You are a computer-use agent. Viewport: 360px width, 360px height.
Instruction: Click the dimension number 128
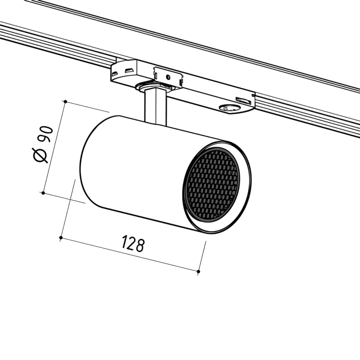pos(133,243)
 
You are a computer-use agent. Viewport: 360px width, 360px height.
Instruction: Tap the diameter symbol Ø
pos(40,155)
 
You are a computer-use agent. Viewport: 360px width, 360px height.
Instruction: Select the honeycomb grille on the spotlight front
pos(213,185)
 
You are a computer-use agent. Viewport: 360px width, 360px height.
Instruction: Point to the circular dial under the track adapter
pos(229,108)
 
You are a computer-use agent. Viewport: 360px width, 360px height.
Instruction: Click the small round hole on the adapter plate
pos(168,77)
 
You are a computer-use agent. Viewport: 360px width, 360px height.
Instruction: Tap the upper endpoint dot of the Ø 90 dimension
pos(65,101)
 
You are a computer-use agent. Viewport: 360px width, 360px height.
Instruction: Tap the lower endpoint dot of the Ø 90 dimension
pos(43,193)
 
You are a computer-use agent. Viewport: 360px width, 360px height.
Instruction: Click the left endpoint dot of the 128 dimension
pos(61,237)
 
